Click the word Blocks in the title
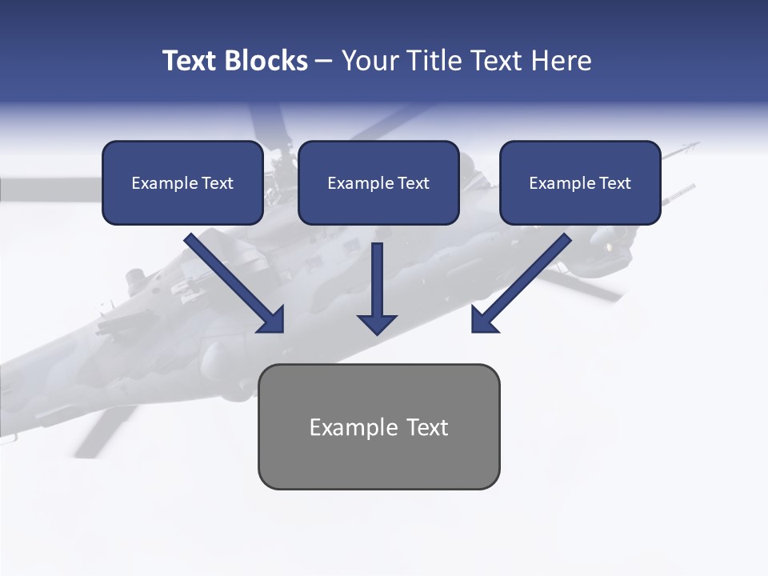tap(266, 61)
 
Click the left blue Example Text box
tap(182, 183)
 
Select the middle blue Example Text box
tap(378, 183)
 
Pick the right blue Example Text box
tap(580, 183)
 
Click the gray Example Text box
tap(378, 427)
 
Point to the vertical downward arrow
tap(377, 284)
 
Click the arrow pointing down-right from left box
tap(232, 281)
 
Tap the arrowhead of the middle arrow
tap(377, 323)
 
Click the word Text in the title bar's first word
tap(190, 61)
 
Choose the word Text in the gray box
tap(427, 427)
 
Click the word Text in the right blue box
tap(614, 183)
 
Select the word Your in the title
tap(368, 61)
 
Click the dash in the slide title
tap(324, 61)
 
